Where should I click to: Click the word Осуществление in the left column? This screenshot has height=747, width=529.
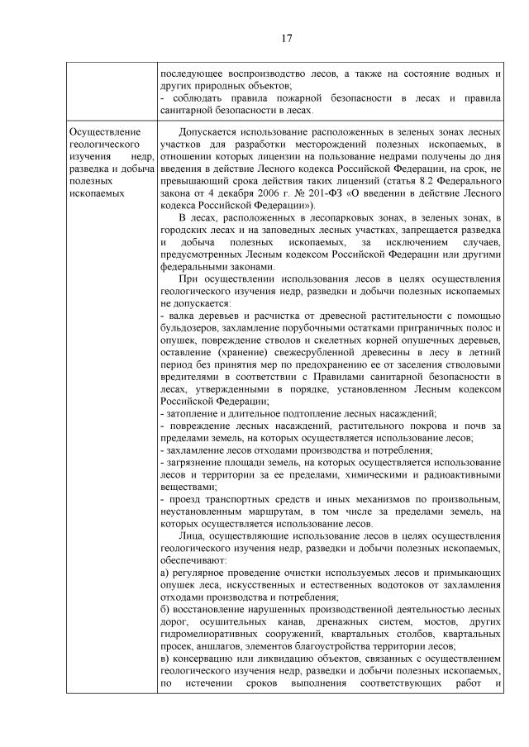[107, 131]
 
